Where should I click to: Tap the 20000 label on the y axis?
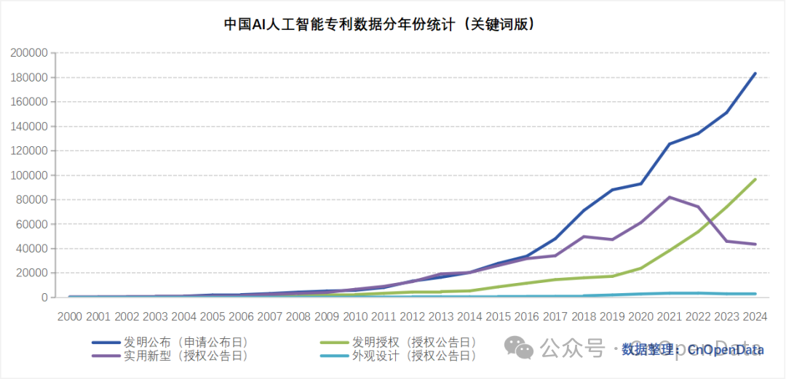pos(32,273)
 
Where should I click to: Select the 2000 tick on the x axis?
pos(70,316)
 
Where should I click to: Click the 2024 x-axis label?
pos(754,316)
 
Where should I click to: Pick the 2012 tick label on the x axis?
pos(412,316)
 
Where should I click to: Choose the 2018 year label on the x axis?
pos(583,316)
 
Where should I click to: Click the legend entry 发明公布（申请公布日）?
pos(186,342)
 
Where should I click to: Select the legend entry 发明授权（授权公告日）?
pos(414,342)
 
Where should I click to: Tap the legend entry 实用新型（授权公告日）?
pos(186,356)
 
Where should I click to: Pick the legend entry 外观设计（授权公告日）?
pos(414,356)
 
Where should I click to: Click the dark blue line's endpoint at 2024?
pos(755,73)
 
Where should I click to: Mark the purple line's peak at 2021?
pos(670,197)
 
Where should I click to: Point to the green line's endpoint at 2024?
pos(755,180)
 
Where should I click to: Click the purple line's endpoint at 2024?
pos(755,244)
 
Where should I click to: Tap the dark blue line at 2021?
pos(670,144)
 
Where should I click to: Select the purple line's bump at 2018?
pos(584,236)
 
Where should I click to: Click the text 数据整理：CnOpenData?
pos(692,350)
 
